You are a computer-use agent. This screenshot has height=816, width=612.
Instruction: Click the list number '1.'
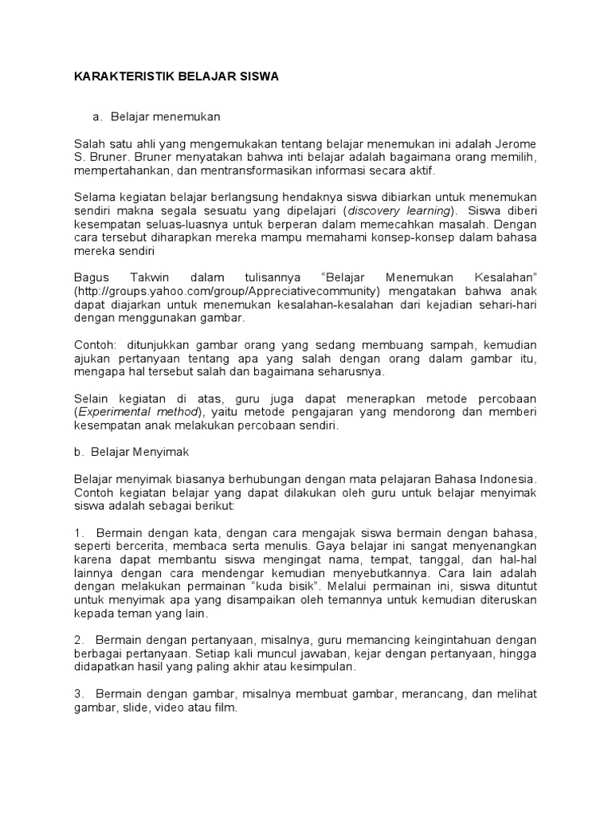pos(79,532)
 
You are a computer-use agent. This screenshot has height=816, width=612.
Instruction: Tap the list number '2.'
pos(79,640)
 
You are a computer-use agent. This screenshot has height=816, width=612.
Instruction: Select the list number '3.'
pos(79,694)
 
